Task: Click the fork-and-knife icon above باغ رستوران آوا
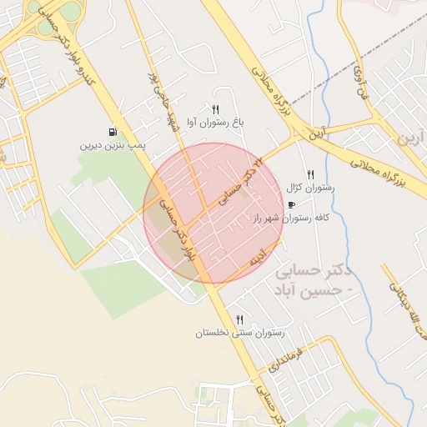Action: (x=216, y=109)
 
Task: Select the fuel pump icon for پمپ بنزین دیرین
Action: (x=112, y=132)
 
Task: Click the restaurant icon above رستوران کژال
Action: (x=310, y=174)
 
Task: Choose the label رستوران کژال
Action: (x=309, y=188)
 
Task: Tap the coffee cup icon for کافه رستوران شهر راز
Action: (x=291, y=204)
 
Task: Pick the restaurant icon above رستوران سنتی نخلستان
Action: (x=239, y=319)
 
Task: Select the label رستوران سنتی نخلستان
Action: (x=239, y=333)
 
